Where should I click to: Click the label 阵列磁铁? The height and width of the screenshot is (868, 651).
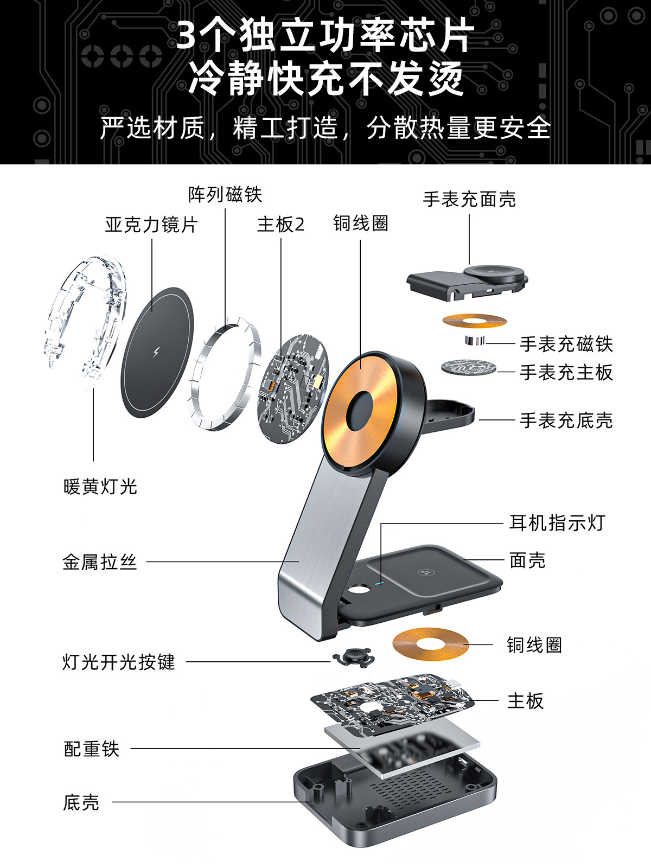click(225, 194)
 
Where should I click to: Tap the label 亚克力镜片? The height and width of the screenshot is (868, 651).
click(151, 224)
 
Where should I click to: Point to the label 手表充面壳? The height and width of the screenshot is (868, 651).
click(469, 199)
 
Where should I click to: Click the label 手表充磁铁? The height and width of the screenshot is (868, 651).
click(566, 344)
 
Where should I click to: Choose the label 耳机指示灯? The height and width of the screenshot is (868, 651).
click(557, 523)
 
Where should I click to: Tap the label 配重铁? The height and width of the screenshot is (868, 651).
click(92, 749)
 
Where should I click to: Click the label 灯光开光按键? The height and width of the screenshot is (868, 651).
click(119, 662)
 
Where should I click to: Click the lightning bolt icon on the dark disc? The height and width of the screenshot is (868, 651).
click(156, 352)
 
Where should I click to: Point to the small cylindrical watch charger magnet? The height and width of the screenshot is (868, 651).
click(474, 341)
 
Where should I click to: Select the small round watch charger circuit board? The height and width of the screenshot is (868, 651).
click(469, 367)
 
